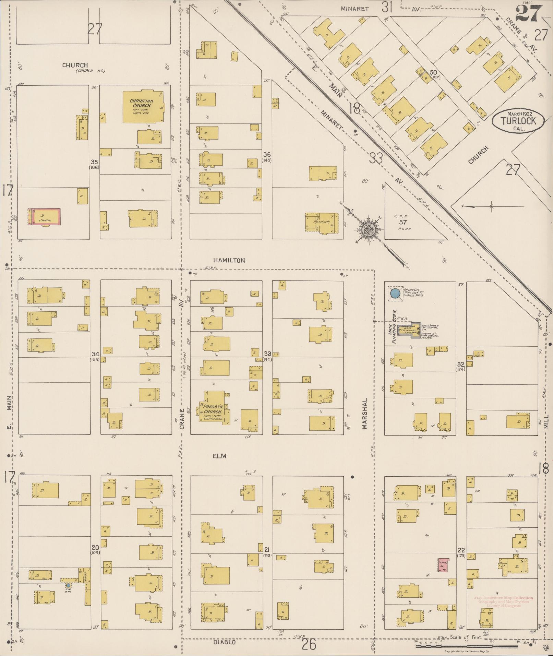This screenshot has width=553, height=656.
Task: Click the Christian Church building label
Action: pos(141,103)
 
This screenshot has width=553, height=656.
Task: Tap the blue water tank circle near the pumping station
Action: pos(395,293)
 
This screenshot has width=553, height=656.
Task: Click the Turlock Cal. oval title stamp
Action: pos(518,121)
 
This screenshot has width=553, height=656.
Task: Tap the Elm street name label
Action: pos(220,456)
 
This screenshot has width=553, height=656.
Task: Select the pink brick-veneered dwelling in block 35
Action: pos(44,217)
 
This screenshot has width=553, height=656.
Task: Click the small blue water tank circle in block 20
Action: pos(68,585)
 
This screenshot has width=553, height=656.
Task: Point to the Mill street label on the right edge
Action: pos(546,421)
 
